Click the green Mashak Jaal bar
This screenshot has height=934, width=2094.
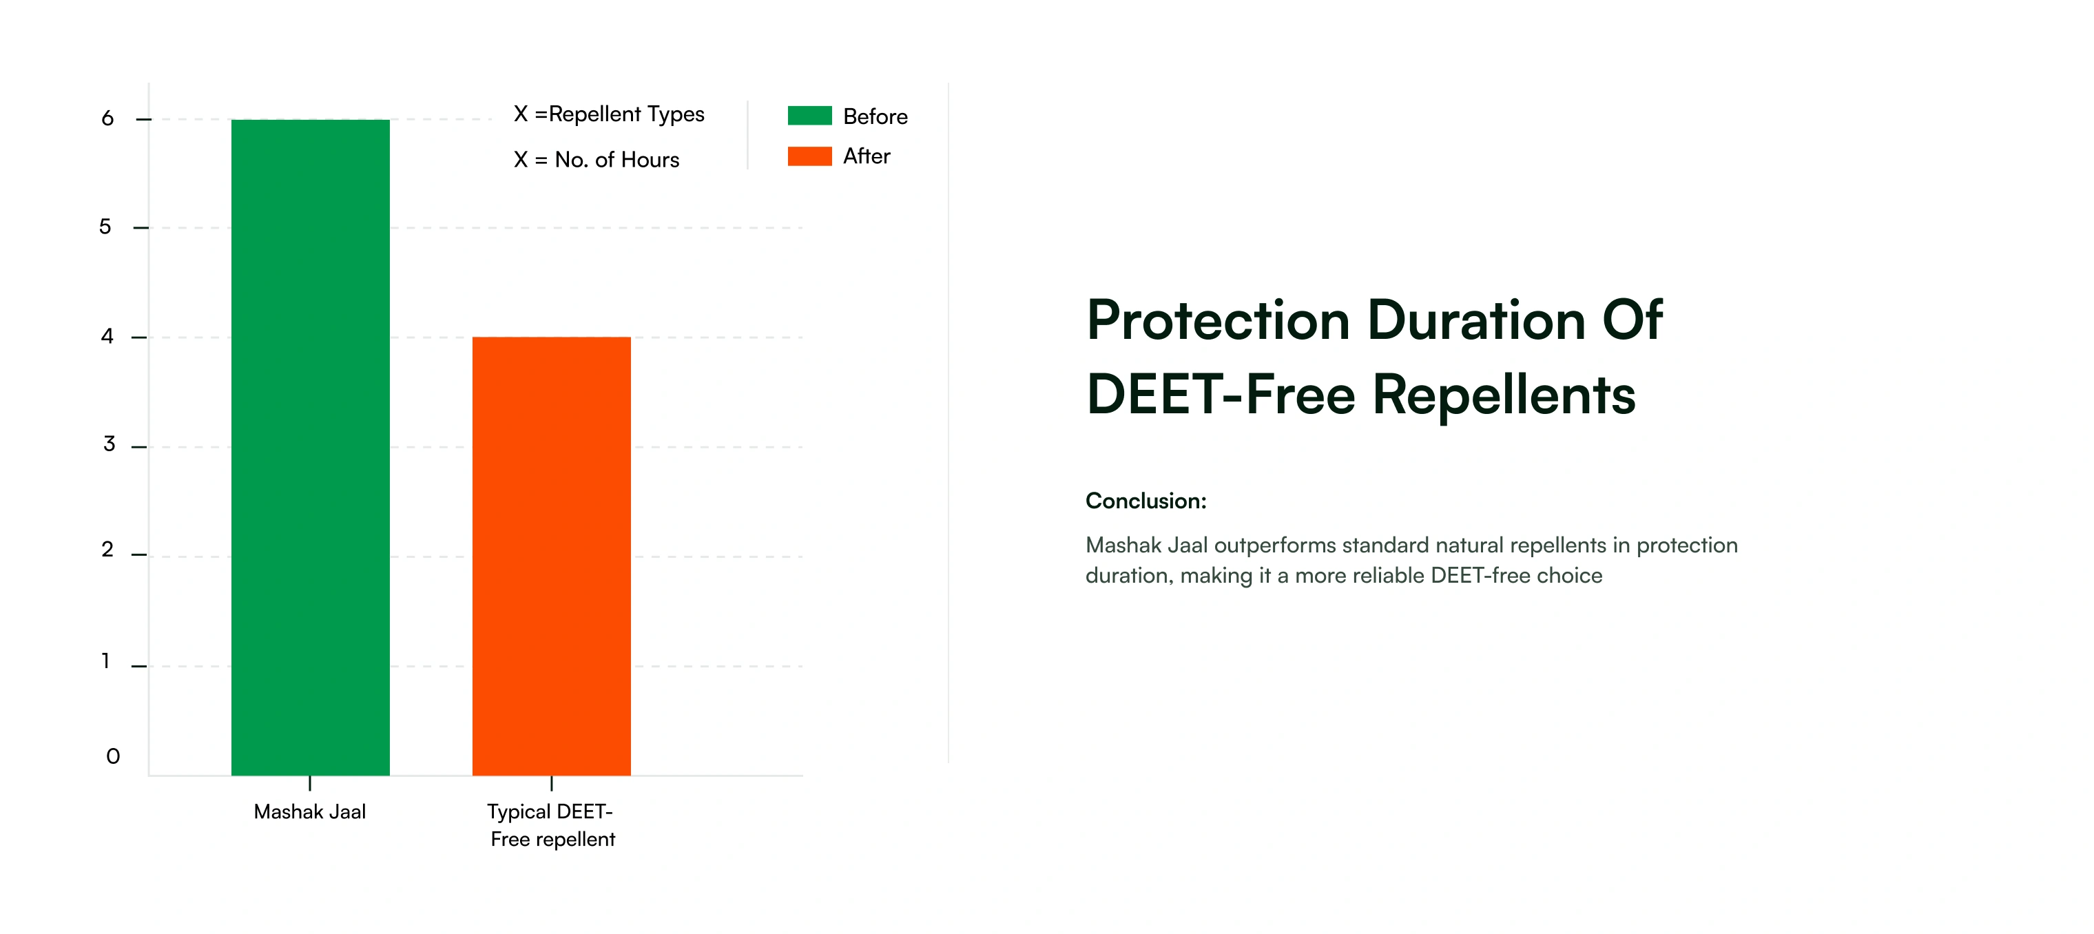(311, 447)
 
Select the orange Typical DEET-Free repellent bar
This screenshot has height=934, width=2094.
(551, 556)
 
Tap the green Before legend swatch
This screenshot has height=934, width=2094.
(809, 116)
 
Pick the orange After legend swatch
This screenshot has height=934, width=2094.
(809, 156)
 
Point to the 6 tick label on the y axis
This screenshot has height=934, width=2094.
(107, 118)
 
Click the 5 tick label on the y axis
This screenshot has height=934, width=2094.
(105, 227)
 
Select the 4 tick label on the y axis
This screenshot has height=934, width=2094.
(107, 335)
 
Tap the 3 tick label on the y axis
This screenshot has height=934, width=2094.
(109, 444)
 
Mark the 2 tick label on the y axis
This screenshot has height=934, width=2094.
(107, 550)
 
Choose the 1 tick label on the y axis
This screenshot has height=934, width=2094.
(105, 661)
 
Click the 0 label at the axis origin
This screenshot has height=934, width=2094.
(113, 757)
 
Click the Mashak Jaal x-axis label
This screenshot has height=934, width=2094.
(310, 811)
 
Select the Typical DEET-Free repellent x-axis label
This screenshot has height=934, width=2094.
(552, 825)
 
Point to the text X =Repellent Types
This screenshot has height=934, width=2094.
(609, 114)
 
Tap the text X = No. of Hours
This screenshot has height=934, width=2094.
(596, 159)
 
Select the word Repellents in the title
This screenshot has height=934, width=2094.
(1504, 395)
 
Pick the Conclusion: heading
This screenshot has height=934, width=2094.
(1146, 501)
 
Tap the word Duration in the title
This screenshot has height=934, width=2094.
(1477, 320)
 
